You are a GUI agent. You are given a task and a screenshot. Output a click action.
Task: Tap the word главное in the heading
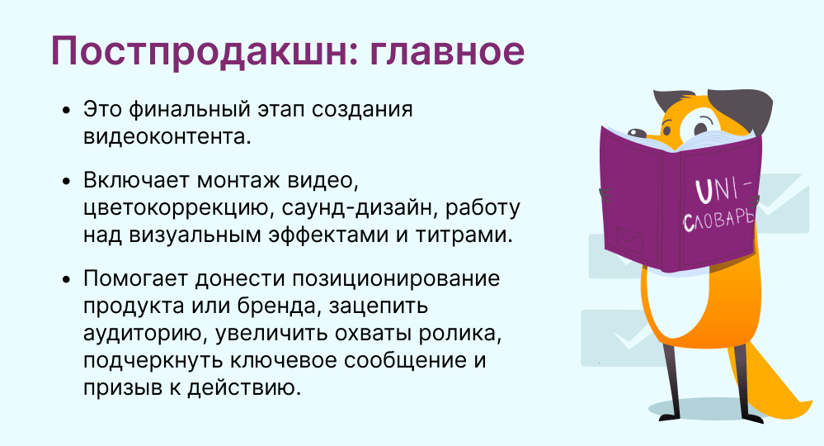click(447, 51)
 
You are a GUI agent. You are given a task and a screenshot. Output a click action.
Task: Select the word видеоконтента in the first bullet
click(167, 137)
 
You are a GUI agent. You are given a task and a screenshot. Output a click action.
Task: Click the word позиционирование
click(396, 279)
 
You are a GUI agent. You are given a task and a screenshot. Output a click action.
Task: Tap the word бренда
click(279, 306)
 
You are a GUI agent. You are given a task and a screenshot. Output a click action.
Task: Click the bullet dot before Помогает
click(66, 279)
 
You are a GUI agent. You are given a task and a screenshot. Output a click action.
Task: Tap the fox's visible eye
click(698, 126)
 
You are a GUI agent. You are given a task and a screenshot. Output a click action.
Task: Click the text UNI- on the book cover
click(723, 190)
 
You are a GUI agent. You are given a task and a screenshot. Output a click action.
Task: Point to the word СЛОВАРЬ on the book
click(718, 220)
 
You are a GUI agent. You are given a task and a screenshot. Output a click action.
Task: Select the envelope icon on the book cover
click(629, 240)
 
